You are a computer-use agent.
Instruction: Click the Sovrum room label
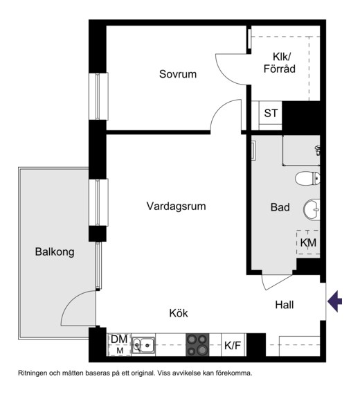pyautogui.click(x=178, y=74)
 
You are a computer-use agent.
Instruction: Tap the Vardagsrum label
pyautogui.click(x=177, y=206)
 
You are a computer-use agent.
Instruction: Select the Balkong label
pyautogui.click(x=55, y=252)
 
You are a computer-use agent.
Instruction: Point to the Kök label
pyautogui.click(x=179, y=313)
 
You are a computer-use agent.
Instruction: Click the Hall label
pyautogui.click(x=285, y=305)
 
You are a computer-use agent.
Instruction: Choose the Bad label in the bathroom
pyautogui.click(x=280, y=207)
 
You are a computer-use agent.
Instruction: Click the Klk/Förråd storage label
pyautogui.click(x=280, y=63)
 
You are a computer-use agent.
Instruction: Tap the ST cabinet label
pyautogui.click(x=271, y=113)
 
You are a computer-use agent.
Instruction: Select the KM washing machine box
pyautogui.click(x=308, y=242)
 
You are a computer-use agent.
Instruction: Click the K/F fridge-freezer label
pyautogui.click(x=233, y=345)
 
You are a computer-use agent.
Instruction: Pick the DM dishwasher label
pyautogui.click(x=119, y=339)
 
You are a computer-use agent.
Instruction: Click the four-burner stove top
pyautogui.click(x=197, y=345)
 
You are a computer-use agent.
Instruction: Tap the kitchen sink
pyautogui.click(x=143, y=345)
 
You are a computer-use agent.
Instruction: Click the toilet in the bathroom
pyautogui.click(x=307, y=178)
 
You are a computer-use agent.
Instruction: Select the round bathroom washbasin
pyautogui.click(x=312, y=210)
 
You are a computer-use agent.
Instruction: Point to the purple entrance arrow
pyautogui.click(x=334, y=301)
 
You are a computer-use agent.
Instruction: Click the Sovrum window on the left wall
pyautogui.click(x=99, y=96)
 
